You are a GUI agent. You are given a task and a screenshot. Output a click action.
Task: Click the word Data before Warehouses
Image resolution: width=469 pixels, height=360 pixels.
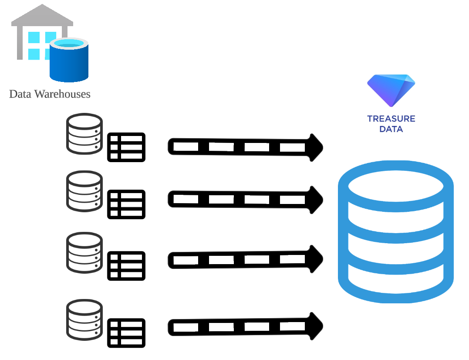(20, 94)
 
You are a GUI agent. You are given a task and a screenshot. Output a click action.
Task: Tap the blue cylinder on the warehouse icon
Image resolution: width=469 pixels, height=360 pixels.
(69, 61)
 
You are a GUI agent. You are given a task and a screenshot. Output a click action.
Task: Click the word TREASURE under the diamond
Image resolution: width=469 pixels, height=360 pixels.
(391, 119)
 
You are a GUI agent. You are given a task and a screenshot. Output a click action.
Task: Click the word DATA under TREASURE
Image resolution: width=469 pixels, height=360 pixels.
(391, 129)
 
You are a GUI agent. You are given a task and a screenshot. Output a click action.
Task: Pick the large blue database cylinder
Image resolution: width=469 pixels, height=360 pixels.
(395, 231)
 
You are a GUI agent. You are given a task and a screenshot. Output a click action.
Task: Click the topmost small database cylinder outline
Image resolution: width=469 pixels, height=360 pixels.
(84, 134)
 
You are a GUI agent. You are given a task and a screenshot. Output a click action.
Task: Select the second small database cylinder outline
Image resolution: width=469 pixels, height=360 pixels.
(84, 191)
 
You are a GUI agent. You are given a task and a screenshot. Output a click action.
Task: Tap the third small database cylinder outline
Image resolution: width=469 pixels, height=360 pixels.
(84, 253)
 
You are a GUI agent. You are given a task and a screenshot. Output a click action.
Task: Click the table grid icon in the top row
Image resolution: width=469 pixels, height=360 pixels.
(126, 147)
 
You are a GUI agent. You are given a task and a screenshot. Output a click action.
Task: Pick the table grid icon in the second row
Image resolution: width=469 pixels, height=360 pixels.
(126, 204)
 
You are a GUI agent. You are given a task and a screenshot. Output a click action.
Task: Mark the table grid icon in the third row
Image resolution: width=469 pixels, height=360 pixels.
(126, 266)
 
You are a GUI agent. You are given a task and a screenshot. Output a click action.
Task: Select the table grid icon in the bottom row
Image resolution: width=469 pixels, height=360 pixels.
(126, 333)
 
